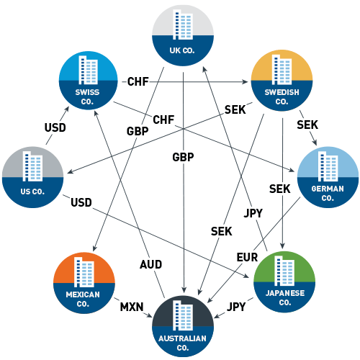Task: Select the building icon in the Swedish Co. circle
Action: pos(280,69)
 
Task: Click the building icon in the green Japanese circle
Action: pos(285,272)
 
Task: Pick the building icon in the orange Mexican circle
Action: pos(84,272)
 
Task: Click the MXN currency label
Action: pos(132,307)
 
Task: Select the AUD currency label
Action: pos(150,264)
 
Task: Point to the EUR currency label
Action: pos(248,256)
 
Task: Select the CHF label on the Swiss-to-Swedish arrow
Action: pos(137,81)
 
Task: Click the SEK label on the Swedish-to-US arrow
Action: pos(235,109)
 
